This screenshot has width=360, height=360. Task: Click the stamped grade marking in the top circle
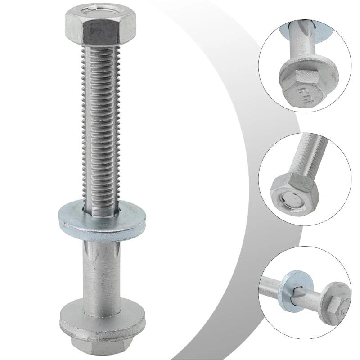pyautogui.click(x=302, y=95)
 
